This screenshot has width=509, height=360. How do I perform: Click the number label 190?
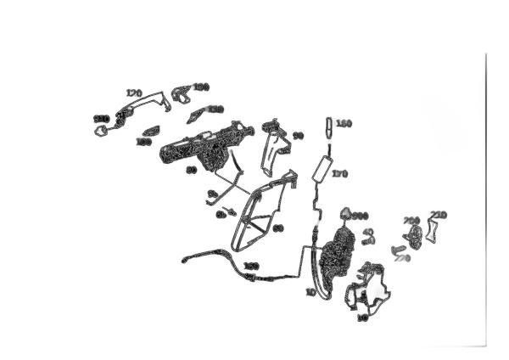pos(201,87)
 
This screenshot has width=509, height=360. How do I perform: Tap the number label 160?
pos(344,124)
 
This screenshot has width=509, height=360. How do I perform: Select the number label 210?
pos(439,215)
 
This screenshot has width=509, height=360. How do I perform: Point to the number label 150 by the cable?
pos(251,267)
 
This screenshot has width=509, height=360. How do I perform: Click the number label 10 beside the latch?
pos(310,291)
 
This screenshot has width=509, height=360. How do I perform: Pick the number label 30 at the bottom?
pos(362,318)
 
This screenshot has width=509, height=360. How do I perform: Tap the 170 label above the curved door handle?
pos(133,93)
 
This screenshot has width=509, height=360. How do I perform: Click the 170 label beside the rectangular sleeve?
pos(340,173)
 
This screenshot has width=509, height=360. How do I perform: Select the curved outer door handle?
pos(136,109)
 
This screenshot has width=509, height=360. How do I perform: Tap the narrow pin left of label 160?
pos(329,127)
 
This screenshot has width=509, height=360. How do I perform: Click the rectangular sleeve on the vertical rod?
pos(322,168)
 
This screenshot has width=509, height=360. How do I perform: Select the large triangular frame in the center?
pos(263,212)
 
